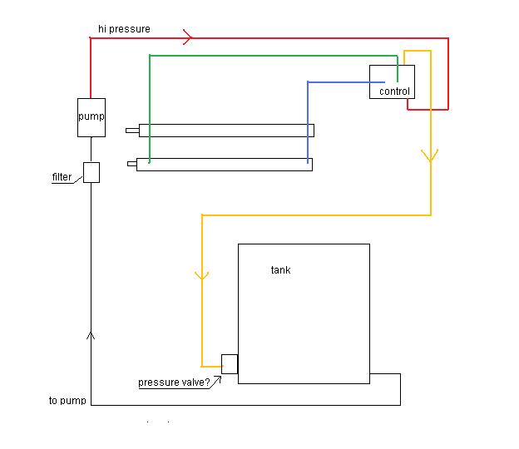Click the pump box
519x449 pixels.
[91, 116]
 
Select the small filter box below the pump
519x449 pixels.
[91, 172]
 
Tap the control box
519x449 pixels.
[392, 82]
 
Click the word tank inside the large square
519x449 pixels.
[281, 270]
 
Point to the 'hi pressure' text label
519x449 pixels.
[124, 29]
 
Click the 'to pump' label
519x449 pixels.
[67, 401]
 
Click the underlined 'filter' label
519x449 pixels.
[62, 177]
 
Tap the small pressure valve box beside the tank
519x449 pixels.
[230, 364]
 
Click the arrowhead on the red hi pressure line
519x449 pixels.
[188, 37]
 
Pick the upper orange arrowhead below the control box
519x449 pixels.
[431, 156]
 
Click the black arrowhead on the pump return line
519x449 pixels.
[91, 335]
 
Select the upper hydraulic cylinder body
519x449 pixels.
[226, 131]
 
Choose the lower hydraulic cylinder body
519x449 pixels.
[225, 165]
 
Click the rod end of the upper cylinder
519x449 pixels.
[132, 131]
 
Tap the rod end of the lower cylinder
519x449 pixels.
[131, 164]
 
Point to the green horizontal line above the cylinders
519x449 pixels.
[266, 55]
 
